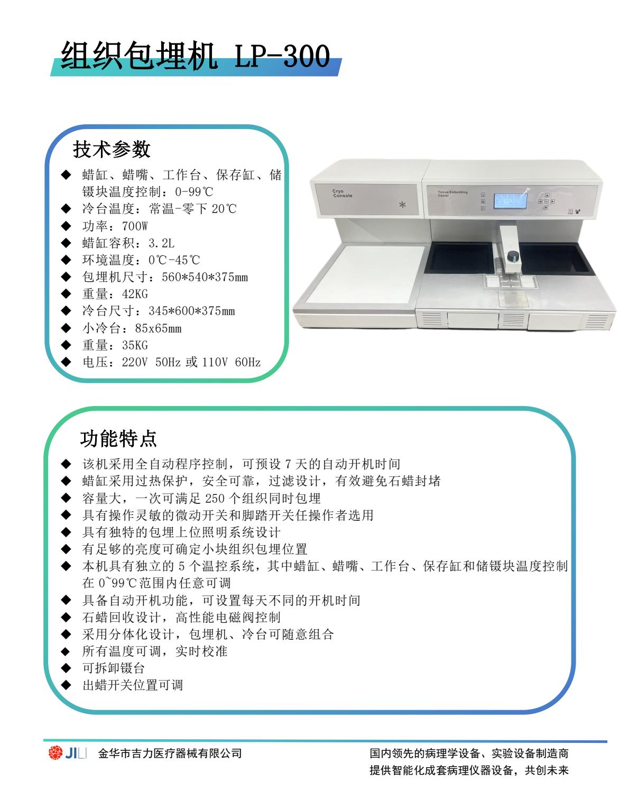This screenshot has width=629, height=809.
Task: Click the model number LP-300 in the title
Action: [282, 56]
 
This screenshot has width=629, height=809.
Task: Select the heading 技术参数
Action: [112, 149]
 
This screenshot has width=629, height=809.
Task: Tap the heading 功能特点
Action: [118, 438]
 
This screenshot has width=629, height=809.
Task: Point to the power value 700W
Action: [135, 226]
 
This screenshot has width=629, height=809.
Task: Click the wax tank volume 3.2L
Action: [162, 243]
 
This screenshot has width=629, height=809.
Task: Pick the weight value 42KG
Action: [135, 294]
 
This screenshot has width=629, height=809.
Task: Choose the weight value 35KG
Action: [135, 345]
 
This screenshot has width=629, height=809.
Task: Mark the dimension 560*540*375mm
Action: [205, 277]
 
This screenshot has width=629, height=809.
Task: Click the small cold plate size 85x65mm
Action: [158, 328]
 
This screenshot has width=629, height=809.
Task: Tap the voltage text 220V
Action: [135, 362]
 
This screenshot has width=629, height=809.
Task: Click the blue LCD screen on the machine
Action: [510, 201]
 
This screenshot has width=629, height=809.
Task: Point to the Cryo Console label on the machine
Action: [343, 193]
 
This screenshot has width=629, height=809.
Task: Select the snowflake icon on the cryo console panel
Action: [402, 204]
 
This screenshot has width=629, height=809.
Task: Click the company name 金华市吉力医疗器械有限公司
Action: [170, 753]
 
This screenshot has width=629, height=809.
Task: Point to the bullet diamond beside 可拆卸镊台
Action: [66, 668]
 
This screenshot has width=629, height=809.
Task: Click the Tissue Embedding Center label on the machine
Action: [452, 194]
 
